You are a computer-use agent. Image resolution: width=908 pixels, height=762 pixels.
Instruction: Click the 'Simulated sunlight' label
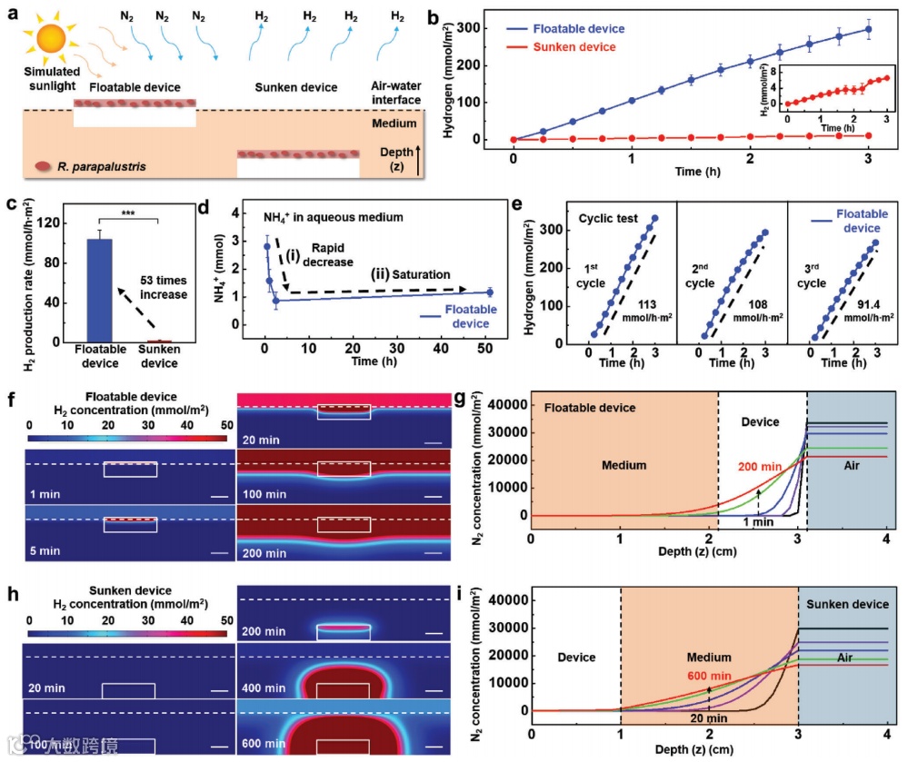pos(52,78)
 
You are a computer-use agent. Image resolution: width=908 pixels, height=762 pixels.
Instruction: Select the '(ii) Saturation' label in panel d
pos(408,273)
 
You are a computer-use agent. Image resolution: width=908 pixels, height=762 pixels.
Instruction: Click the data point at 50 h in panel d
pos(490,292)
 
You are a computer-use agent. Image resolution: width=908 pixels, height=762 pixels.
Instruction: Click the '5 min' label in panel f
pos(45,549)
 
